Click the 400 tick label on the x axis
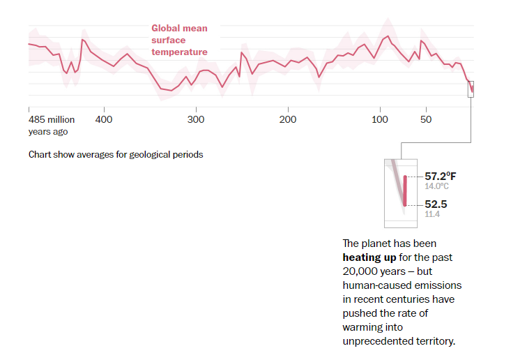[104, 119]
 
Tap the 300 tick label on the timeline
[196, 119]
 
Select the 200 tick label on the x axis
[288, 119]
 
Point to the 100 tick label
[380, 119]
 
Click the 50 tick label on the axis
[426, 119]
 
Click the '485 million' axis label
[52, 119]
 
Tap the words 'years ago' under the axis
[48, 132]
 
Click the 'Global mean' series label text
[179, 29]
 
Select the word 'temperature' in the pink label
[179, 52]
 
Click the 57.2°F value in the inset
[441, 176]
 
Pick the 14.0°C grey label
[436, 186]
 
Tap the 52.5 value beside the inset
[436, 204]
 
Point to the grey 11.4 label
[432, 214]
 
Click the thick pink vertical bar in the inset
[405, 190]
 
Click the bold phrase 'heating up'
[369, 257]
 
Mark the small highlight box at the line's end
[471, 89]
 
